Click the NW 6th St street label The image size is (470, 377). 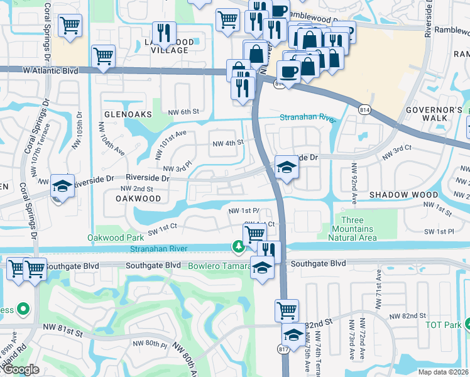click(x=183, y=111)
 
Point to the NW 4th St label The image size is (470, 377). click(x=227, y=143)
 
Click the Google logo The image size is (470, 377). click(x=21, y=370)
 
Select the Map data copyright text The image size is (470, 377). click(x=443, y=372)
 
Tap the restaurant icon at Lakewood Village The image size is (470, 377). click(x=164, y=33)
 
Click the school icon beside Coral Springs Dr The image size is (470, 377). click(x=62, y=186)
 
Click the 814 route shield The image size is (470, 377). click(x=364, y=110)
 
